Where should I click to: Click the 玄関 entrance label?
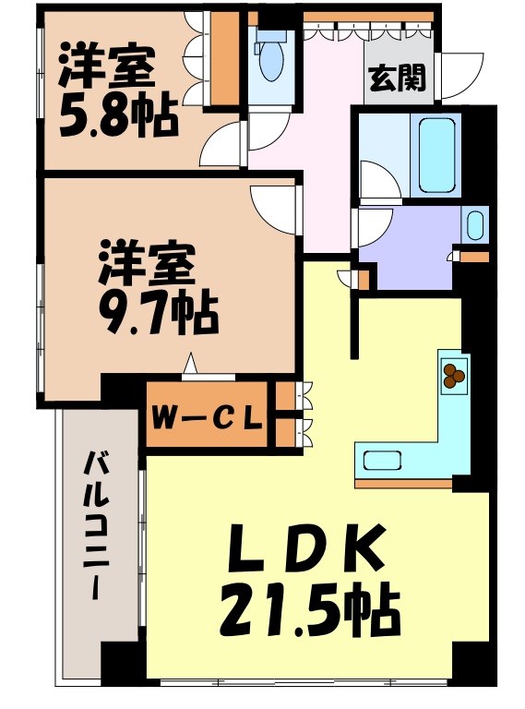pyautogui.click(x=398, y=78)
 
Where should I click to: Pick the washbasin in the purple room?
pyautogui.click(x=474, y=224)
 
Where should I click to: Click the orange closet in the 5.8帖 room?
pyautogui.click(x=225, y=61)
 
